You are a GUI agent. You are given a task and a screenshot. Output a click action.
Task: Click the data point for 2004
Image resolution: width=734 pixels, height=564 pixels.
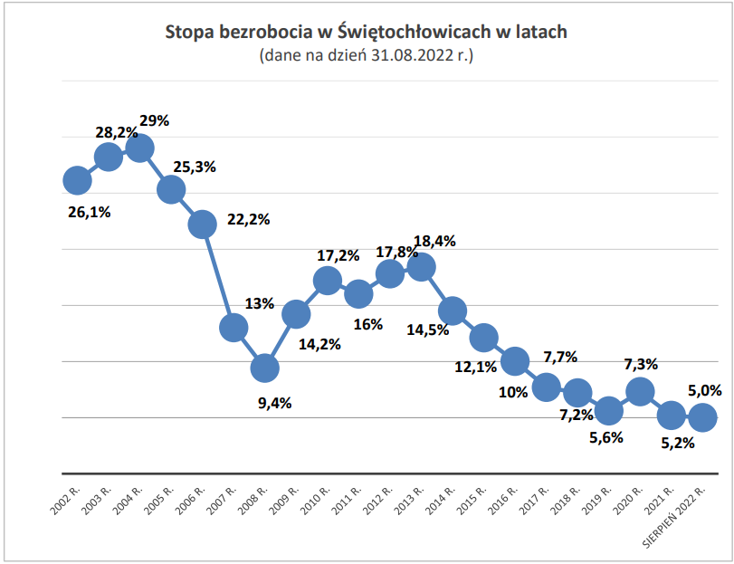tap(139, 148)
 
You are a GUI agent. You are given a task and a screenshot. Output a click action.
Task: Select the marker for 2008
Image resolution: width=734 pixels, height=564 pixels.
tap(264, 368)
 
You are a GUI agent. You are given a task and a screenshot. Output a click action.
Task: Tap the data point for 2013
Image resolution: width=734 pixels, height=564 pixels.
tap(421, 267)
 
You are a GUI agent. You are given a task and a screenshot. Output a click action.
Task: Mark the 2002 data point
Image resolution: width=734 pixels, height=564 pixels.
tap(77, 181)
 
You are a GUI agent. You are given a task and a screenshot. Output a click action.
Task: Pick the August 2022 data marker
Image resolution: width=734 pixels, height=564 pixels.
tap(702, 417)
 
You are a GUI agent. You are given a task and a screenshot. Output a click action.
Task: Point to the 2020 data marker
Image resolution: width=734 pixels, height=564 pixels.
tap(640, 391)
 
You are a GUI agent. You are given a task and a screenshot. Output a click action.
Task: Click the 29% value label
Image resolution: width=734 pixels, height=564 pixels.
tap(155, 119)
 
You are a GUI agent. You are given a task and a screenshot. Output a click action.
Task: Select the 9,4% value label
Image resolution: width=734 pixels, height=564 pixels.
tap(275, 404)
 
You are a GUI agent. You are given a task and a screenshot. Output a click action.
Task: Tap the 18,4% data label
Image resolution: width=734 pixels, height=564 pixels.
tap(434, 242)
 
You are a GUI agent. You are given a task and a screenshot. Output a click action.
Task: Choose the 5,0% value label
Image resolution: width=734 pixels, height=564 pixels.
tap(704, 391)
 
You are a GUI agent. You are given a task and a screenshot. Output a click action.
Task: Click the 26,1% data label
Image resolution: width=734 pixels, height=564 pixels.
tap(89, 213)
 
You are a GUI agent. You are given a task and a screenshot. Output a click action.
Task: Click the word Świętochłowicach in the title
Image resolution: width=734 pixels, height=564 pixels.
tap(413, 33)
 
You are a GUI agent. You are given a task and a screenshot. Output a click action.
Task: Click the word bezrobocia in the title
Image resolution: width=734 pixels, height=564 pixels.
tap(262, 33)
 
